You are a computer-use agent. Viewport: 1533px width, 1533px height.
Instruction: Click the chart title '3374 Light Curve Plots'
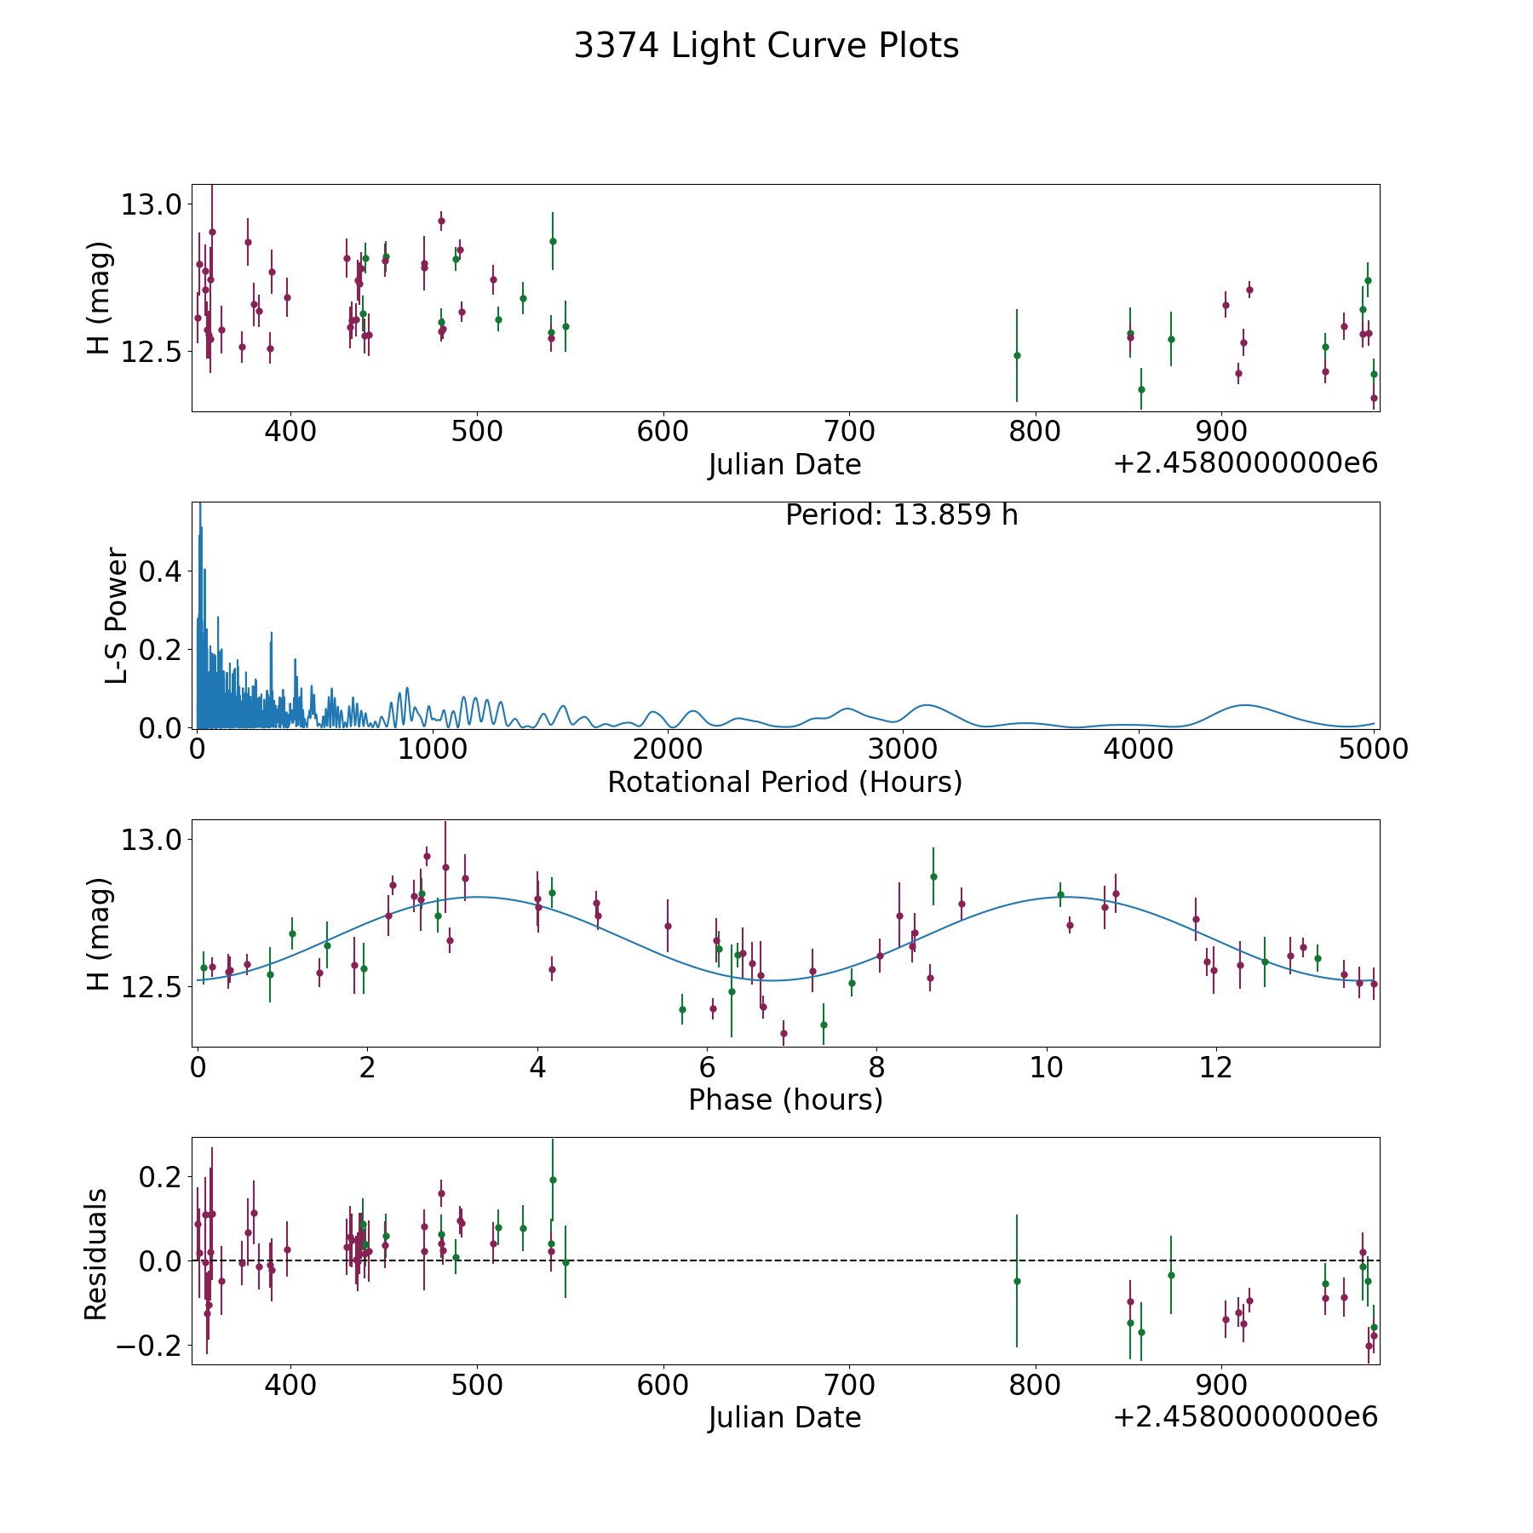point(766,46)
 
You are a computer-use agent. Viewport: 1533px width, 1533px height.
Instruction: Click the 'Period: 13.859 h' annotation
point(901,515)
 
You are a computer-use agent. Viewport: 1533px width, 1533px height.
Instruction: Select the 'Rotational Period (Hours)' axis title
point(784,782)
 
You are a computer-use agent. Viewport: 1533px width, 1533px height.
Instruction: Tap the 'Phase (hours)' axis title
point(785,1100)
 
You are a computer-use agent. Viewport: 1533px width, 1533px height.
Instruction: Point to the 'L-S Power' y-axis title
point(117,615)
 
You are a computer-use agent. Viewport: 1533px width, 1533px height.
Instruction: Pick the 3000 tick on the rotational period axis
point(902,749)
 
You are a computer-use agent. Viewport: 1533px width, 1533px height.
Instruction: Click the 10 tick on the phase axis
point(1046,1067)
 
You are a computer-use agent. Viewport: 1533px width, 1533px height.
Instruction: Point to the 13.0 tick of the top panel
point(152,204)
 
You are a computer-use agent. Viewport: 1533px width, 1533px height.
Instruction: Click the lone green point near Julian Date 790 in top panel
point(1017,355)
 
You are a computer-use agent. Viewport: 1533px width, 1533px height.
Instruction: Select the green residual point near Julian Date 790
point(1017,1281)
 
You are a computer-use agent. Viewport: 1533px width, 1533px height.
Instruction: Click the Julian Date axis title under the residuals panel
point(784,1417)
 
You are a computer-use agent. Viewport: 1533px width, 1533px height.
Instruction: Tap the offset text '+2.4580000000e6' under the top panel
point(1245,464)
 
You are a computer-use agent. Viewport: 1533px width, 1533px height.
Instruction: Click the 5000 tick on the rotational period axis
point(1374,749)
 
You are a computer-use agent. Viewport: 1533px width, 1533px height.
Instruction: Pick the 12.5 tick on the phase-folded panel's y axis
point(152,987)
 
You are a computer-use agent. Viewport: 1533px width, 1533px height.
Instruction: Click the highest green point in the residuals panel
point(553,1180)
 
